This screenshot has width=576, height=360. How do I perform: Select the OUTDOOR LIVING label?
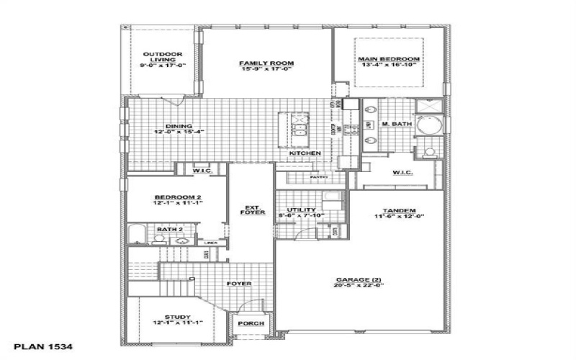[162, 54]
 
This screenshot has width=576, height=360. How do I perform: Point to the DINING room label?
[163, 126]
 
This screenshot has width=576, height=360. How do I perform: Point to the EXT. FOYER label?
[251, 210]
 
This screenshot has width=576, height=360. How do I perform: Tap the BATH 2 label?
[168, 230]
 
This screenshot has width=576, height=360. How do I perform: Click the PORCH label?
[251, 323]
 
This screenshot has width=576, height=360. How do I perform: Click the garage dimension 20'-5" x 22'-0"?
[358, 285]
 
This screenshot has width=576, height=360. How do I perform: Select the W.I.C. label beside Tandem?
[401, 172]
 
